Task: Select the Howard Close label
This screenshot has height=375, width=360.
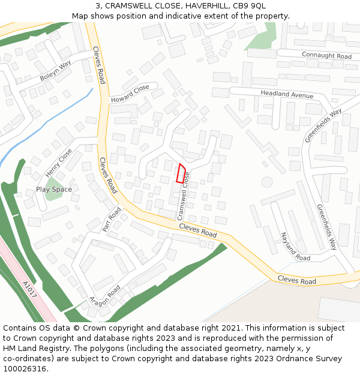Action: coord(130,93)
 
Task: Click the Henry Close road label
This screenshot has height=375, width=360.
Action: coord(58,163)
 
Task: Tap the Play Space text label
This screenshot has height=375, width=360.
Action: coord(54,190)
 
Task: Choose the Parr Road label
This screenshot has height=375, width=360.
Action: coord(112,220)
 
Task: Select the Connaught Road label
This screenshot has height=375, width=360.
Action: coord(326,56)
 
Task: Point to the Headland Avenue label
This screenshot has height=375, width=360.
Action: coord(287,95)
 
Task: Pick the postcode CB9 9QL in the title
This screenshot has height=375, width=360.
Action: coord(248,6)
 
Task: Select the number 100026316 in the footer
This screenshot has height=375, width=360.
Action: coord(25,368)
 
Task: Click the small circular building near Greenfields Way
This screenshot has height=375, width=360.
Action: coord(267,181)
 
